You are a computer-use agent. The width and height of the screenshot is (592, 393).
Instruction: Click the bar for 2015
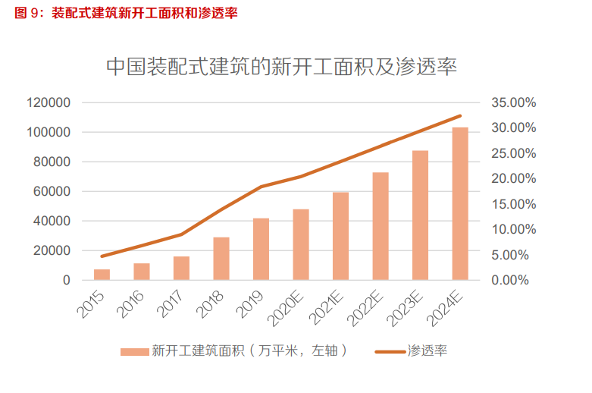pos(102,275)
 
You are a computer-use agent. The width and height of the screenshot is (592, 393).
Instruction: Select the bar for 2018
pos(221,259)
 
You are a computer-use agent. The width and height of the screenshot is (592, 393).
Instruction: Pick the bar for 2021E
pos(340,236)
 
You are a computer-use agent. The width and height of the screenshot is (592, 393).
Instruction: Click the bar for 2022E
pos(381,226)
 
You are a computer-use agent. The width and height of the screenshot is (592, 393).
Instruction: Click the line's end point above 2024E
pos(460,116)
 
